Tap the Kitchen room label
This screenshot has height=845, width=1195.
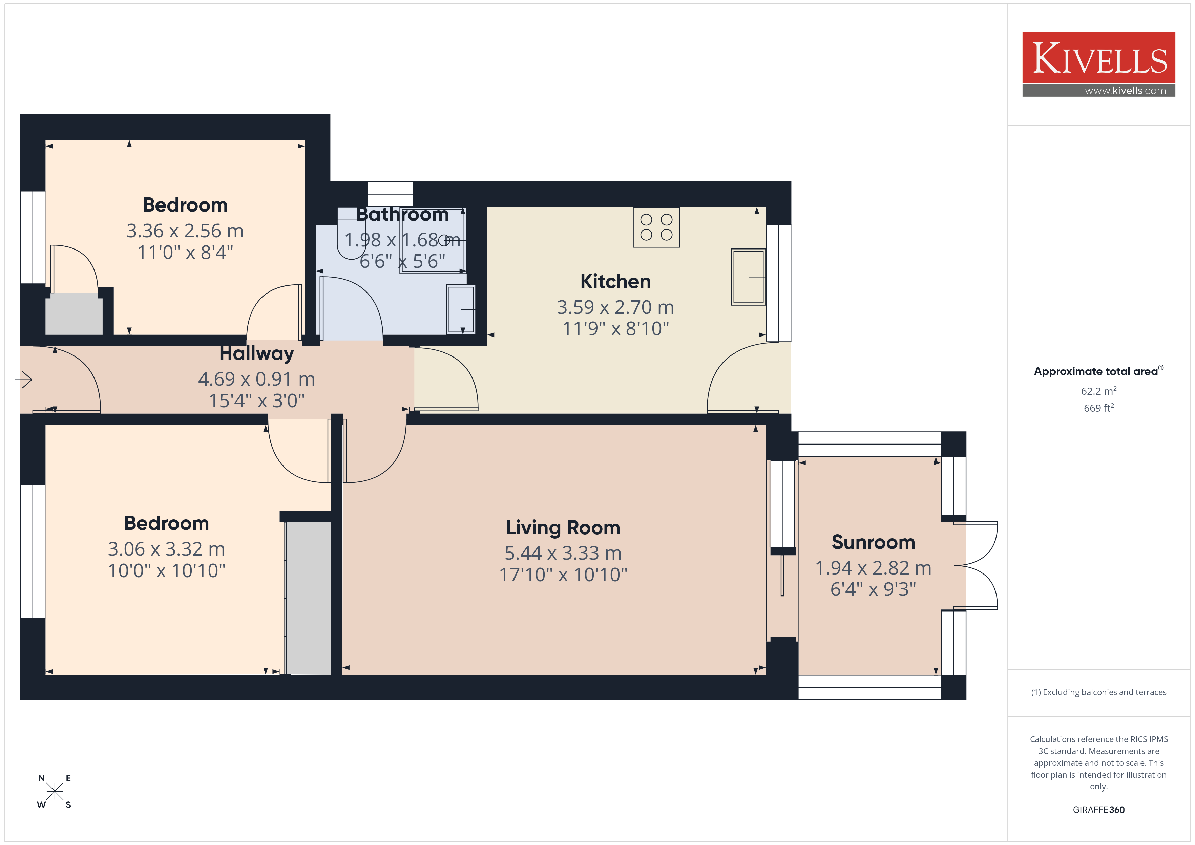(615, 281)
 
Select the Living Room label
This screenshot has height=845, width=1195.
(563, 527)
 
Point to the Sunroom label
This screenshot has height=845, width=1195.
(873, 542)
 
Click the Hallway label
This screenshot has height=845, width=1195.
(257, 353)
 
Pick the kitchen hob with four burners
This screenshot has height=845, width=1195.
(656, 227)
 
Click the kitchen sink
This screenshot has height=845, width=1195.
(749, 277)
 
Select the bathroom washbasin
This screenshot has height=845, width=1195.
(461, 309)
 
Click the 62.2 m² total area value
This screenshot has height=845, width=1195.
(1098, 391)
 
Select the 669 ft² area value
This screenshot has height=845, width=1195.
(1098, 408)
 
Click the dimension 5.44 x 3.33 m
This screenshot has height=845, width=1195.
(563, 553)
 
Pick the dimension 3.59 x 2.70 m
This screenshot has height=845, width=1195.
(615, 307)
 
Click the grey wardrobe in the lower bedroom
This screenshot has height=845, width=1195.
(309, 598)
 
